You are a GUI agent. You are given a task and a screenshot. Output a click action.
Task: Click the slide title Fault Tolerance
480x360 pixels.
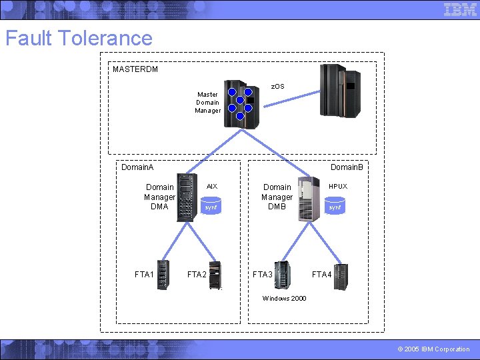(79, 38)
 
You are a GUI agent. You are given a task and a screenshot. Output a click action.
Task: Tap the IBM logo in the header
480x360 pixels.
(460, 9)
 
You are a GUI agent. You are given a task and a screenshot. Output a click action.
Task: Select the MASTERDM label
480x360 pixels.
(135, 69)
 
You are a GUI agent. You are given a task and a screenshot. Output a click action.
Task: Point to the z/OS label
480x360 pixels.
(277, 87)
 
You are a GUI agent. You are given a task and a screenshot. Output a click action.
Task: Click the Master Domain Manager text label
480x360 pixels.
(207, 103)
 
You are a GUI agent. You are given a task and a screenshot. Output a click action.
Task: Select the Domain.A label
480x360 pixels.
(137, 167)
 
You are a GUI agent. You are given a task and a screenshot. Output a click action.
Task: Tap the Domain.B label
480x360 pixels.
(347, 167)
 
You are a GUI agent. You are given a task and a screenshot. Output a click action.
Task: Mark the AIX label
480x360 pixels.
(211, 187)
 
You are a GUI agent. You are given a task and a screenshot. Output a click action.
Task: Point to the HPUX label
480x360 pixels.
(337, 187)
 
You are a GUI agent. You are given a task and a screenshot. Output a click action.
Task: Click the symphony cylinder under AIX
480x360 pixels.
(211, 207)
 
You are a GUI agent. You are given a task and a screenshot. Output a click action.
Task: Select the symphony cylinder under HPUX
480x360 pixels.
(335, 207)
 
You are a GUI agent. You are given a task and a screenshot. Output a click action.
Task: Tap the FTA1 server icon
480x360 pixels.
(163, 275)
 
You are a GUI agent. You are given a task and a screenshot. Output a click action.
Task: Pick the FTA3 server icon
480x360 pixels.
(283, 275)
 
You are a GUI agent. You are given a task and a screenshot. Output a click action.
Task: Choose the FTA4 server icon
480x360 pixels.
(341, 276)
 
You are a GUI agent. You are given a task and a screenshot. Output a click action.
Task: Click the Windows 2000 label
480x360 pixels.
(284, 299)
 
